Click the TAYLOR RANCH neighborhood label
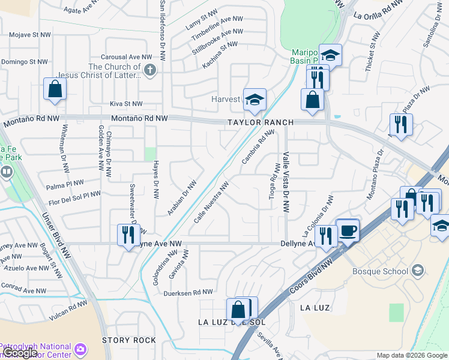click(x=260, y=122)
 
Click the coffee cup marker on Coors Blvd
click(x=348, y=230)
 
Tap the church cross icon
click(x=150, y=71)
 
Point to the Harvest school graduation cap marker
click(x=255, y=100)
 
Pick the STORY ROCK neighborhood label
click(x=129, y=340)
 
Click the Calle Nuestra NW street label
click(x=211, y=204)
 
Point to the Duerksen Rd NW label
click(x=188, y=292)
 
